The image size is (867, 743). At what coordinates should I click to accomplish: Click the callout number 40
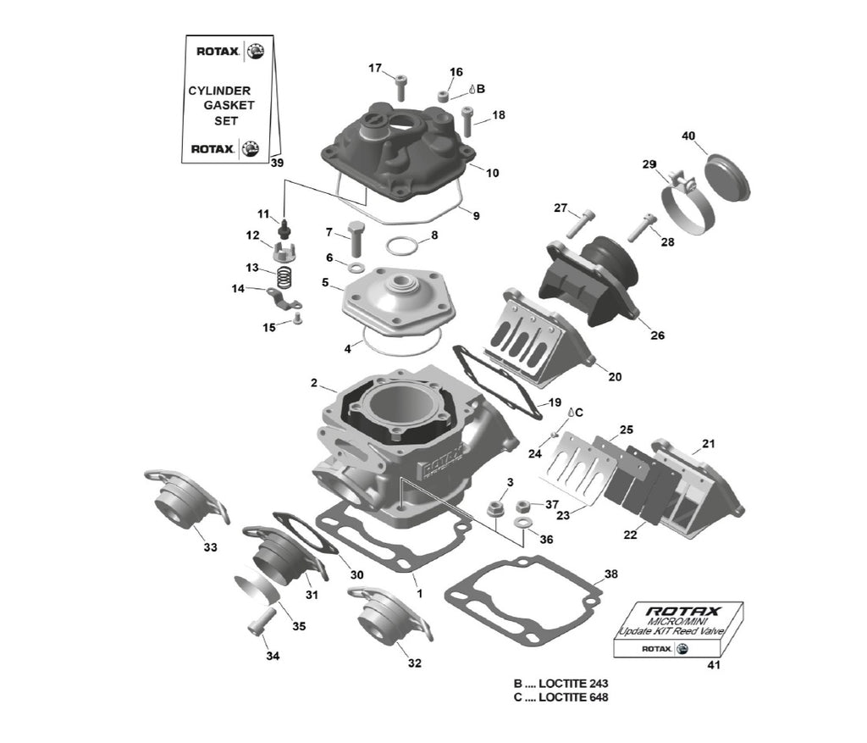pyautogui.click(x=688, y=136)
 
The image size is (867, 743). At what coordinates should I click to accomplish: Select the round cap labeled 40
pyautogui.click(x=727, y=177)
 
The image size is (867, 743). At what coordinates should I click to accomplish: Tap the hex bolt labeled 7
pyautogui.click(x=356, y=239)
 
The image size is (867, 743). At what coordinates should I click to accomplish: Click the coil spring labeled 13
pyautogui.click(x=284, y=277)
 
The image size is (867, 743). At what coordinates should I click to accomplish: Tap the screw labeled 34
pyautogui.click(x=261, y=622)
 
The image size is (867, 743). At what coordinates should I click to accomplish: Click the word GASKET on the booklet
pyautogui.click(x=229, y=105)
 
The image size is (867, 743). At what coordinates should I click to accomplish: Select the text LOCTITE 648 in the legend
pyautogui.click(x=573, y=697)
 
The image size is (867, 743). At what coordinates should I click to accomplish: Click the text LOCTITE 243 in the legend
pyautogui.click(x=573, y=683)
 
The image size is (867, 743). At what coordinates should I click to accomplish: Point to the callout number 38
pyautogui.click(x=610, y=574)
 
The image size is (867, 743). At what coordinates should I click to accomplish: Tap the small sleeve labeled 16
pyautogui.click(x=444, y=97)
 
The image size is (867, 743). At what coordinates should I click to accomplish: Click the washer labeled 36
pyautogui.click(x=521, y=523)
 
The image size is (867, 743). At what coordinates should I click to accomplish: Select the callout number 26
pyautogui.click(x=657, y=335)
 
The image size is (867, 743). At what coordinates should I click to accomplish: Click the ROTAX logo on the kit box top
pyautogui.click(x=683, y=612)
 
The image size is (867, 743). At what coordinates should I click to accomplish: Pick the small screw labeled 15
pyautogui.click(x=297, y=318)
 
